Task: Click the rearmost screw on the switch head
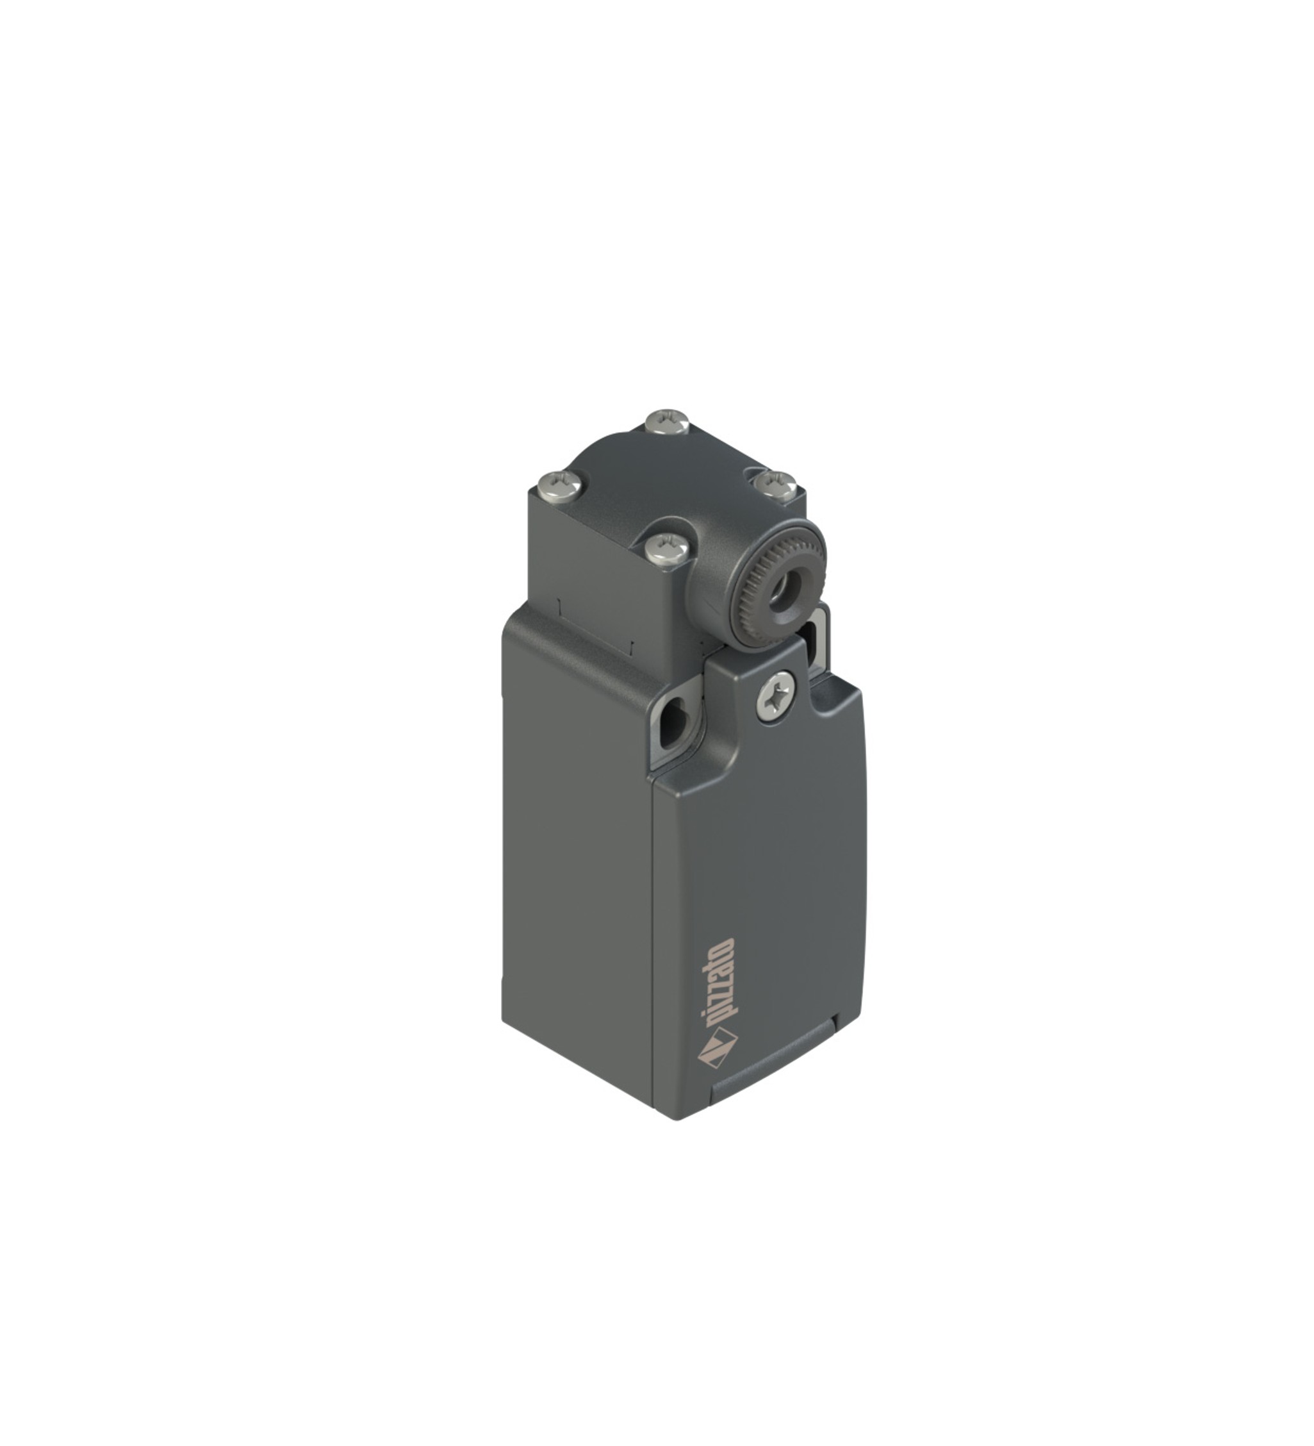tap(668, 422)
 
